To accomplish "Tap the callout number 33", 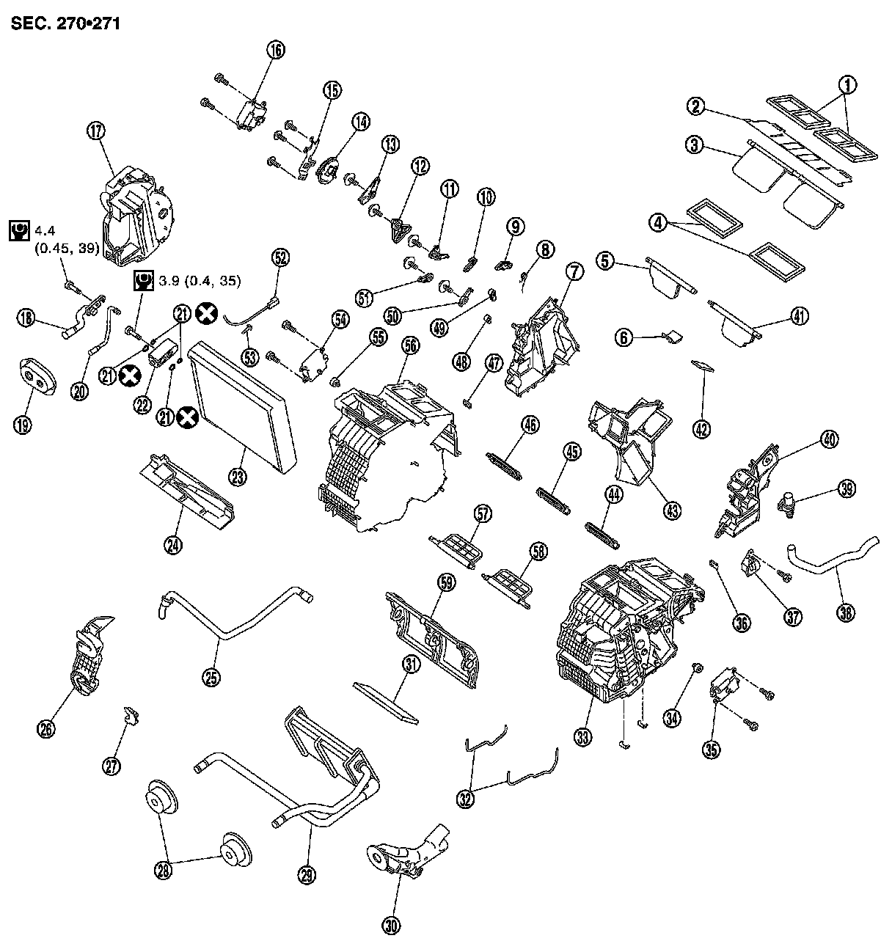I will pos(582,739).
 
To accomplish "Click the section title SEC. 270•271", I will pos(65,23).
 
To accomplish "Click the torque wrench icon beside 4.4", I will pos(18,231).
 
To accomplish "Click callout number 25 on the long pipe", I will pos(211,678).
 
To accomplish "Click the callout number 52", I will pos(280,257).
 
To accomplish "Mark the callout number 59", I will pos(446,582).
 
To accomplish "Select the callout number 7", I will pos(574,271).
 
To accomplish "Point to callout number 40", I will pos(829,440).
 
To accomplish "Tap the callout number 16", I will pos(275,51).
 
